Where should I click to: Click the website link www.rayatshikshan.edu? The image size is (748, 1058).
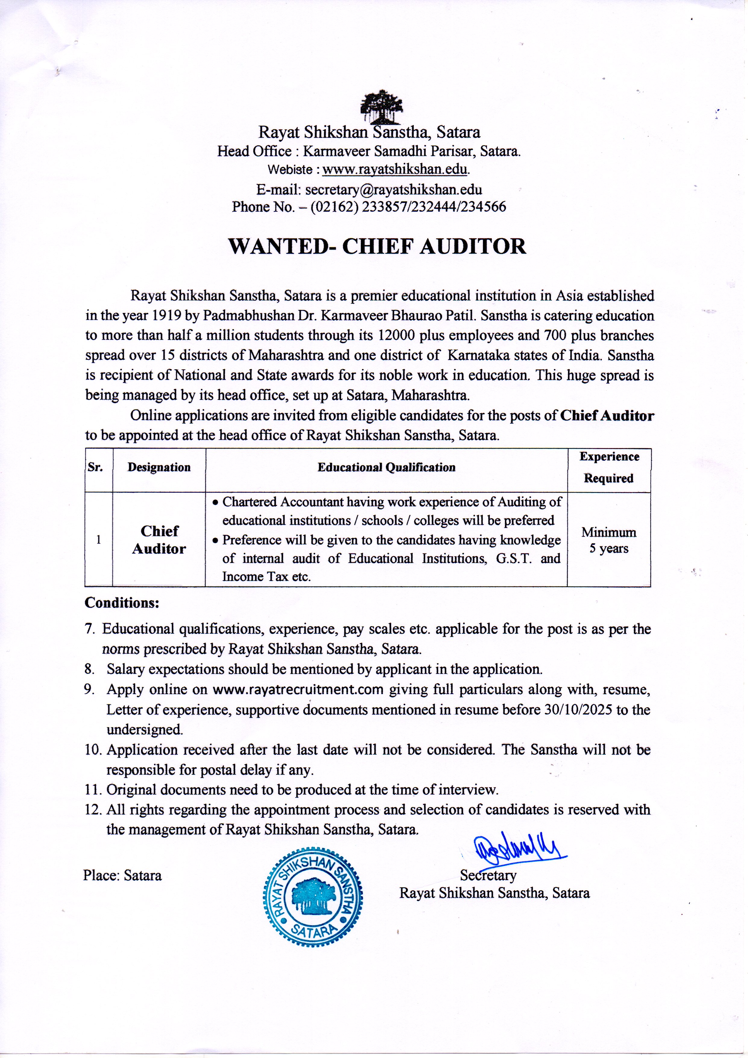pos(395,169)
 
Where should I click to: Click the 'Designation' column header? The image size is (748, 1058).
pos(159,467)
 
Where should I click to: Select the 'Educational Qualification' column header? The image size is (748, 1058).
pos(386,467)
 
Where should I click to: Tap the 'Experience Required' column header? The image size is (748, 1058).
pos(609,467)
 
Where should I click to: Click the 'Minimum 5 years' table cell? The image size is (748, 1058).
pos(609,540)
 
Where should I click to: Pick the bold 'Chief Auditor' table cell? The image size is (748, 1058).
pos(159,540)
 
